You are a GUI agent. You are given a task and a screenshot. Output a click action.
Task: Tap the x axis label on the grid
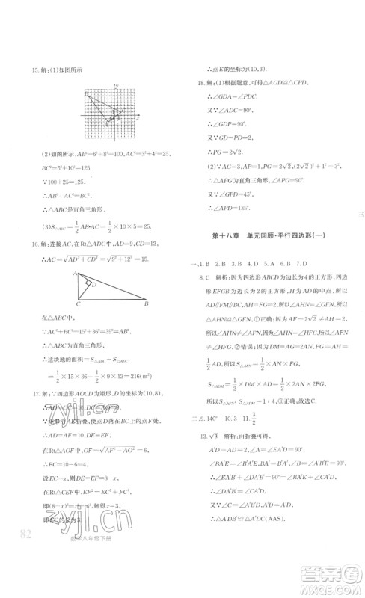138,117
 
